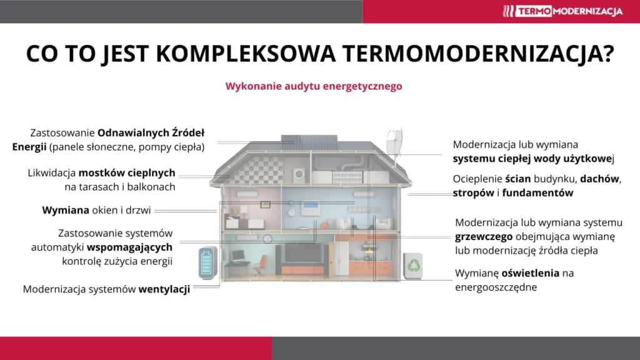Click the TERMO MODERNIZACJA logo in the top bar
point(563,11)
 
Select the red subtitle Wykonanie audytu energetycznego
point(314,86)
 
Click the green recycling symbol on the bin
point(414,266)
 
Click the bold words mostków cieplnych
point(127,172)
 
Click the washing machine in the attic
point(300,173)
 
